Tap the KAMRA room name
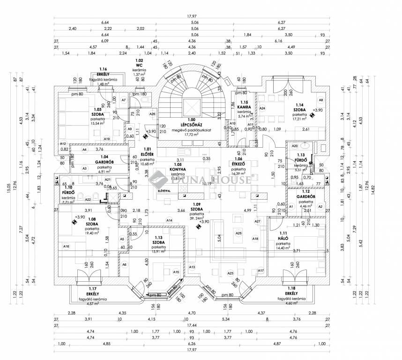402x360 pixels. (243, 107)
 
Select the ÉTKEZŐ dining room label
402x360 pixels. (239, 164)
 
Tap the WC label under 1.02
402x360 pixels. (139, 66)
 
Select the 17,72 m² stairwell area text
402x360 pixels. (191, 135)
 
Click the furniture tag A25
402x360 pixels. (238, 233)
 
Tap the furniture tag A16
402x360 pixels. (66, 246)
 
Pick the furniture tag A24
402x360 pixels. (262, 108)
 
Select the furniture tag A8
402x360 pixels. (320, 100)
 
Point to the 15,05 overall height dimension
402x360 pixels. (8, 188)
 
